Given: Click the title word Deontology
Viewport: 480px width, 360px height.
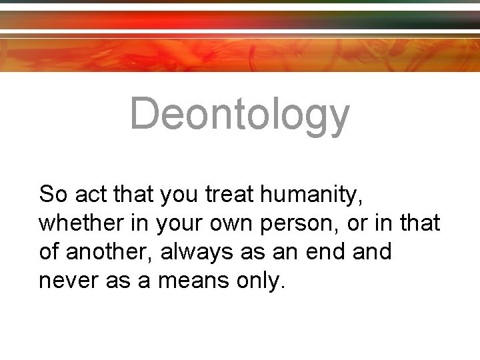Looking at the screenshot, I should point(239,114).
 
